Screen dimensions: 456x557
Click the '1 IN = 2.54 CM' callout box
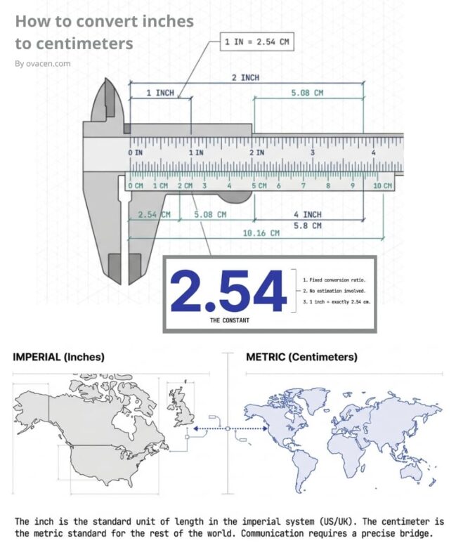pyautogui.click(x=257, y=42)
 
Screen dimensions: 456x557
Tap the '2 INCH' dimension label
pyautogui.click(x=246, y=77)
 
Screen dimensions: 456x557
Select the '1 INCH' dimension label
pyautogui.click(x=160, y=93)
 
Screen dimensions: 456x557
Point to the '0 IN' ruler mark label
pyautogui.click(x=136, y=152)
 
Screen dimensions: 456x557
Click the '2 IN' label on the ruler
pyautogui.click(x=256, y=152)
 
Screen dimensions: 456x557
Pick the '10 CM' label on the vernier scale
pyautogui.click(x=382, y=185)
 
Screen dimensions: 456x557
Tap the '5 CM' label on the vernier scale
pyautogui.click(x=259, y=185)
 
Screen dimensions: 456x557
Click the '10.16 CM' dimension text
pyautogui.click(x=261, y=233)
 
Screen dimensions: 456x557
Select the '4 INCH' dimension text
pyautogui.click(x=308, y=214)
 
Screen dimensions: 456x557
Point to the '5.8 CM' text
pyautogui.click(x=308, y=225)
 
